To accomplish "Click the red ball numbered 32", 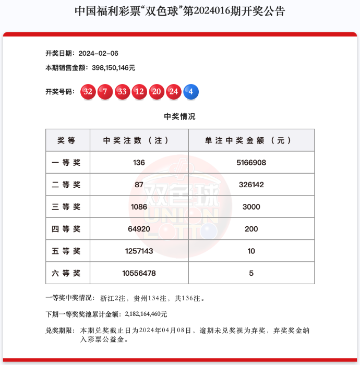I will [x=88, y=92].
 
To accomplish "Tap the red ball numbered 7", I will [x=105, y=92].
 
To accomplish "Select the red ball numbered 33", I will [x=123, y=92].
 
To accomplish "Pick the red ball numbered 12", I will [x=139, y=92].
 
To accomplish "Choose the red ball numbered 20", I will [x=157, y=92].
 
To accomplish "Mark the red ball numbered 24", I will [x=174, y=92].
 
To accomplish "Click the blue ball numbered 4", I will [x=191, y=92].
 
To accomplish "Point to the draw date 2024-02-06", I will [x=99, y=53].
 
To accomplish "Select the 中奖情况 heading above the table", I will [x=179, y=116].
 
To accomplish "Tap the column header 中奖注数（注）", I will [x=139, y=140].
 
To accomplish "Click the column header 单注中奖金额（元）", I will [x=251, y=140].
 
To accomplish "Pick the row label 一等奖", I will [x=67, y=163].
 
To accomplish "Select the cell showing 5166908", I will [x=251, y=163].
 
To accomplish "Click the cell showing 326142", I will [x=251, y=185].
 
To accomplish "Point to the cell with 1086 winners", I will [x=139, y=207].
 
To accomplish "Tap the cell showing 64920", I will [x=139, y=229].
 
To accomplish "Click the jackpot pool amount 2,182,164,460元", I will [x=146, y=314].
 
